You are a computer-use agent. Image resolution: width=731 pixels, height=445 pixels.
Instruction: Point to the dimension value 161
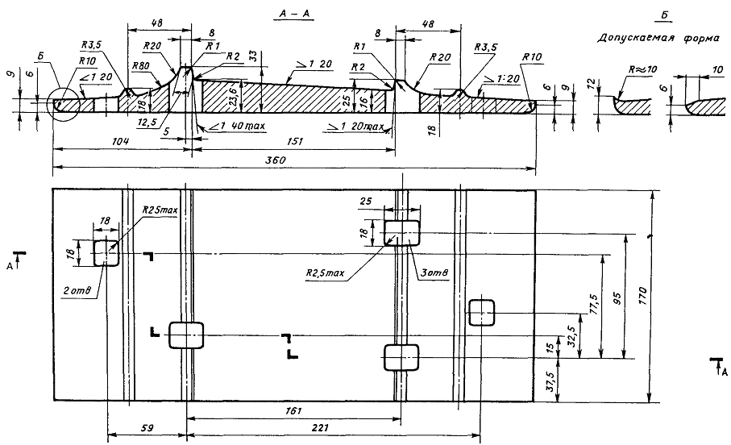pos(294,411)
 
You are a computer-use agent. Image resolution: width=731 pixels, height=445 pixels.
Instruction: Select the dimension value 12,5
pos(148,122)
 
